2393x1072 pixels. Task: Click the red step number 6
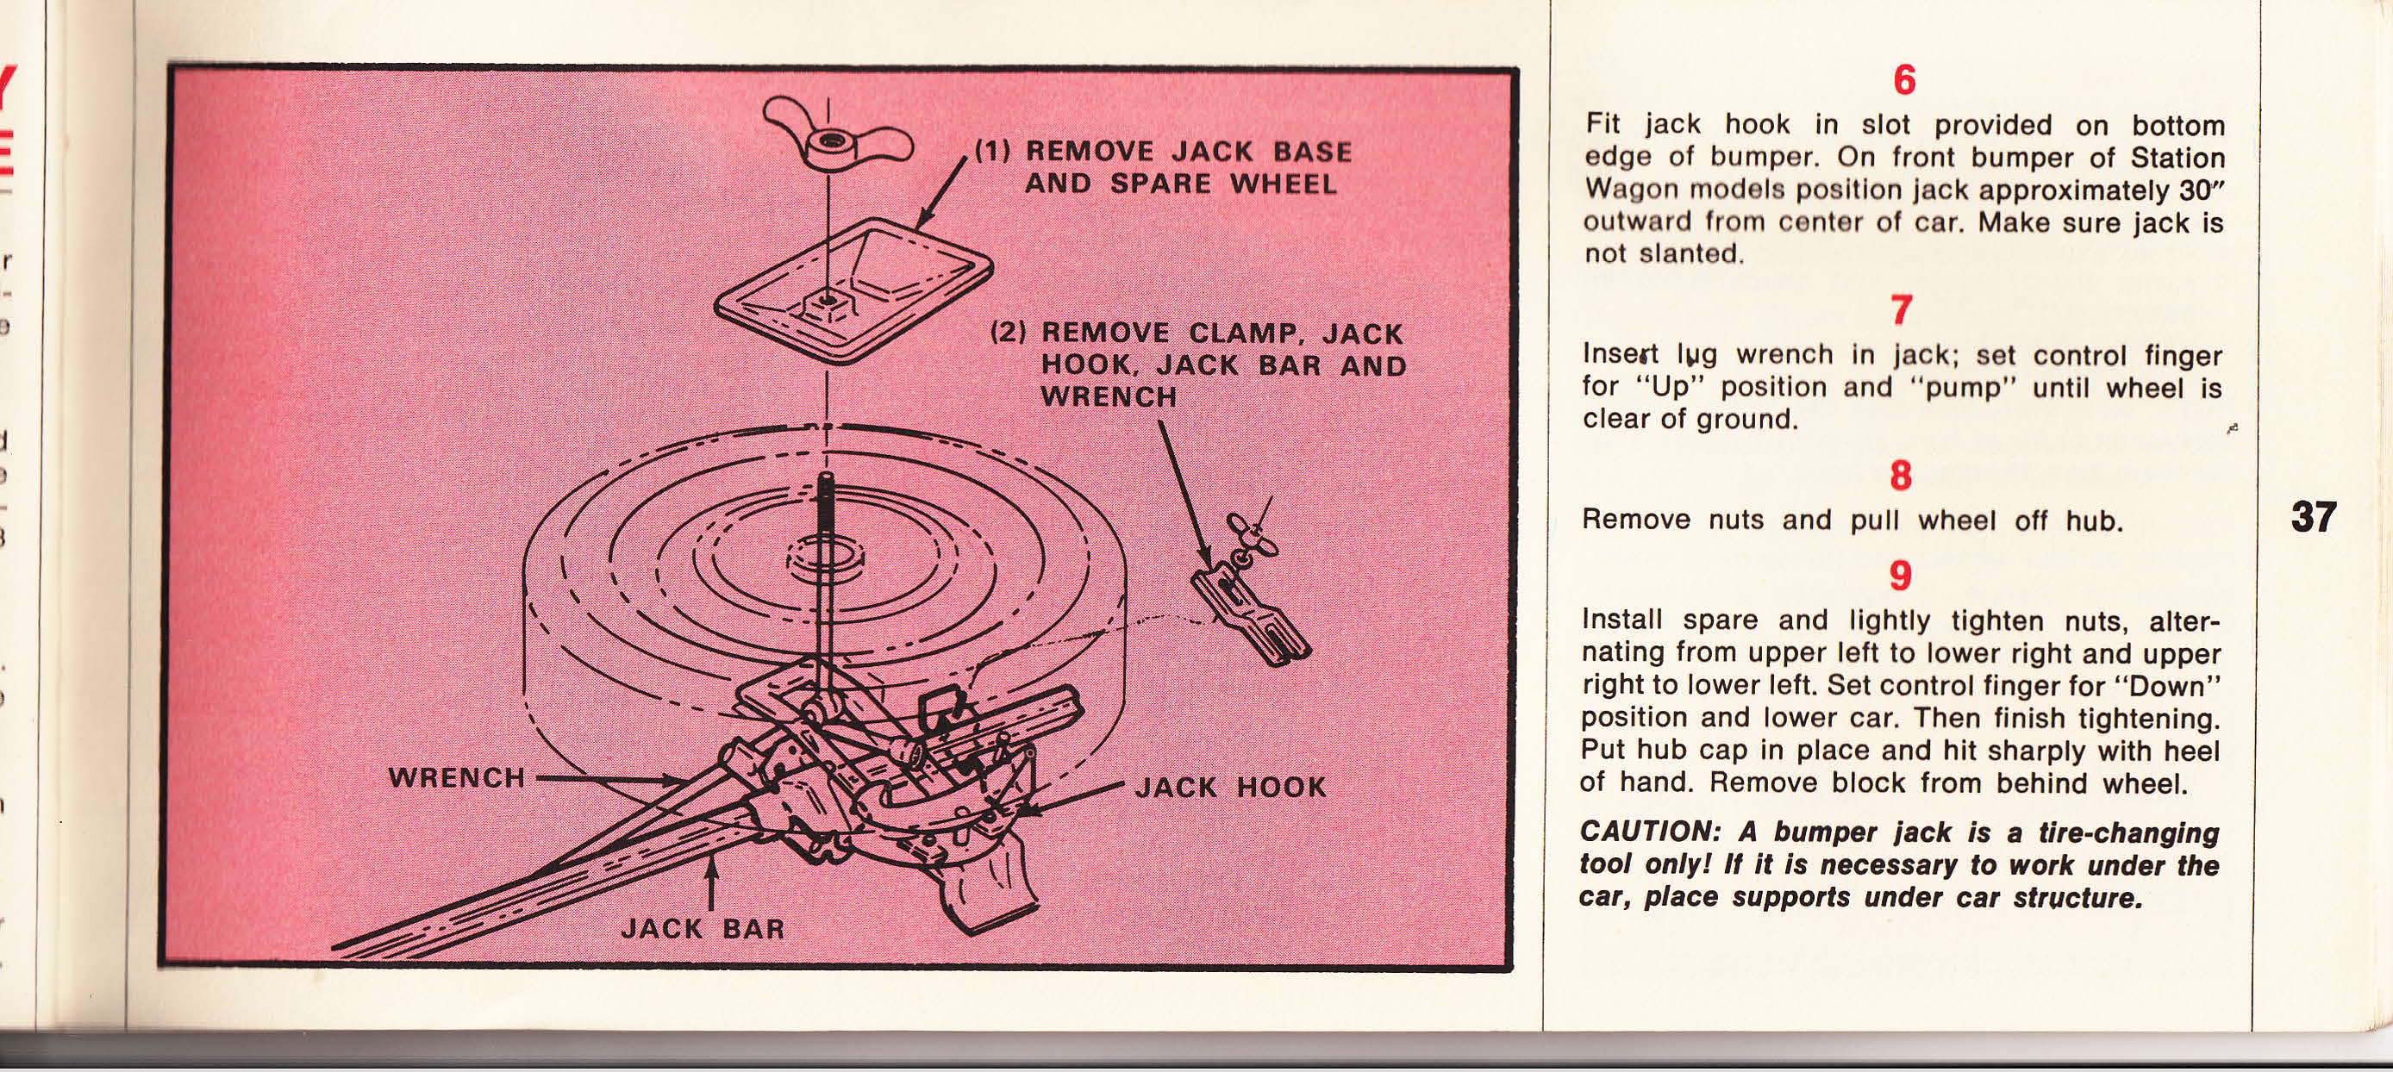pos(1903,81)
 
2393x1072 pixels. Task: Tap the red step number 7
pos(1902,310)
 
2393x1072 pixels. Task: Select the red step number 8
pos(1901,476)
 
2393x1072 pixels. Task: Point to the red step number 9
pos(1901,576)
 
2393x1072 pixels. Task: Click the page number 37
pos(2313,517)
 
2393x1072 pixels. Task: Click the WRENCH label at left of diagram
pos(457,777)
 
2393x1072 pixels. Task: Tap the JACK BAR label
pos(703,928)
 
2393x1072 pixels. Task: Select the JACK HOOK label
pos(1231,788)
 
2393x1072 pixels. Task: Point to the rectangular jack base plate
pos(853,287)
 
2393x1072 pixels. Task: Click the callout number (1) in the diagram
pos(993,152)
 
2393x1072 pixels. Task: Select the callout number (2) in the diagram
pos(1009,332)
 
